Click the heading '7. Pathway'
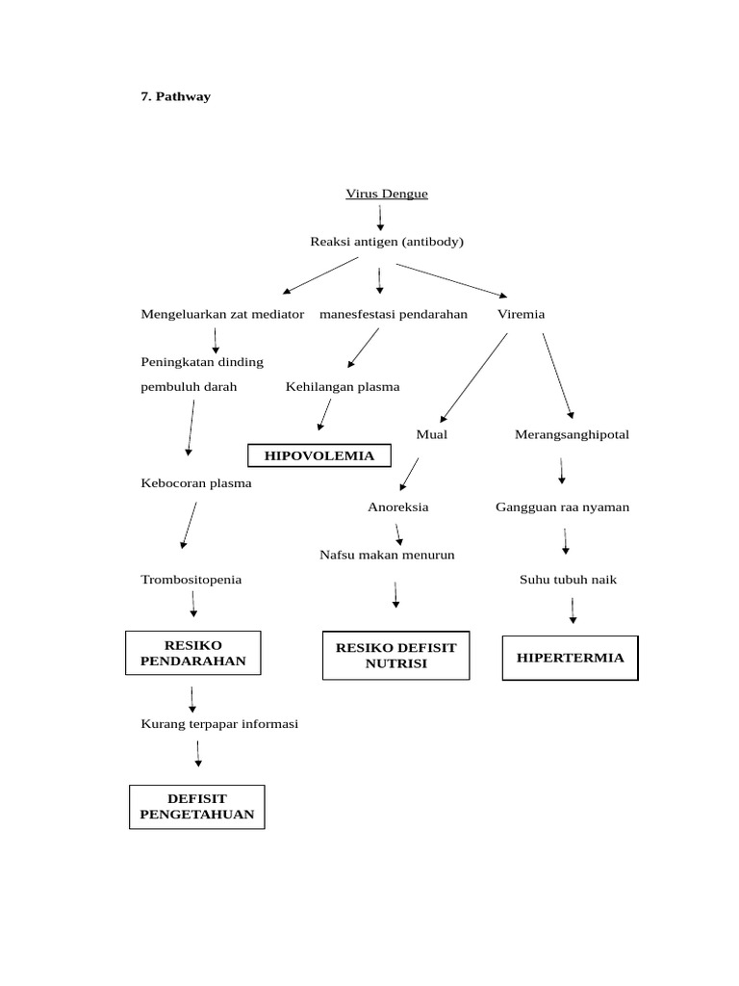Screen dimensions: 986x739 pyautogui.click(x=175, y=96)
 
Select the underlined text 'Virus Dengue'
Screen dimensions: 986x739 pyautogui.click(x=387, y=194)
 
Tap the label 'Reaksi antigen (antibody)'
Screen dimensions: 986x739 pyautogui.click(x=387, y=242)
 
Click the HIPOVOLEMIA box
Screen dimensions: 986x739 pyautogui.click(x=319, y=455)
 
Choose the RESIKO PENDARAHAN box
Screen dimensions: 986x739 pyautogui.click(x=193, y=653)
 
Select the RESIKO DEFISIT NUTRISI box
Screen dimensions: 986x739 pyautogui.click(x=396, y=656)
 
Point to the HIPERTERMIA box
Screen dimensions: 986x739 pyautogui.click(x=570, y=658)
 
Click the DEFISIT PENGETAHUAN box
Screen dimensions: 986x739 pyautogui.click(x=197, y=806)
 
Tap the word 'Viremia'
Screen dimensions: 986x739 pyautogui.click(x=521, y=314)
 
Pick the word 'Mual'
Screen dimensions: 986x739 pyautogui.click(x=431, y=434)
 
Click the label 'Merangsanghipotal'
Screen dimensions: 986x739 pyautogui.click(x=572, y=434)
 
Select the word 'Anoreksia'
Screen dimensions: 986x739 pyautogui.click(x=397, y=506)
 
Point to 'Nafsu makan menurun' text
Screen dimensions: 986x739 pyautogui.click(x=387, y=555)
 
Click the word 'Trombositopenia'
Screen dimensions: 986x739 pyautogui.click(x=191, y=580)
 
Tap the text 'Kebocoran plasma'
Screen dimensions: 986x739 pyautogui.click(x=196, y=483)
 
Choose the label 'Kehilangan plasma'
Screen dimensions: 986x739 pyautogui.click(x=343, y=386)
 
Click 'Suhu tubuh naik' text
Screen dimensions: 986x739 pyautogui.click(x=568, y=580)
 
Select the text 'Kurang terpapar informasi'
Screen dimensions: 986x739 pyautogui.click(x=219, y=724)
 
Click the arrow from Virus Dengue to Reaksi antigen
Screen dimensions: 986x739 pyautogui.click(x=380, y=218)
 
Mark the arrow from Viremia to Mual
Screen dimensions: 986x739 pyautogui.click(x=474, y=377)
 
